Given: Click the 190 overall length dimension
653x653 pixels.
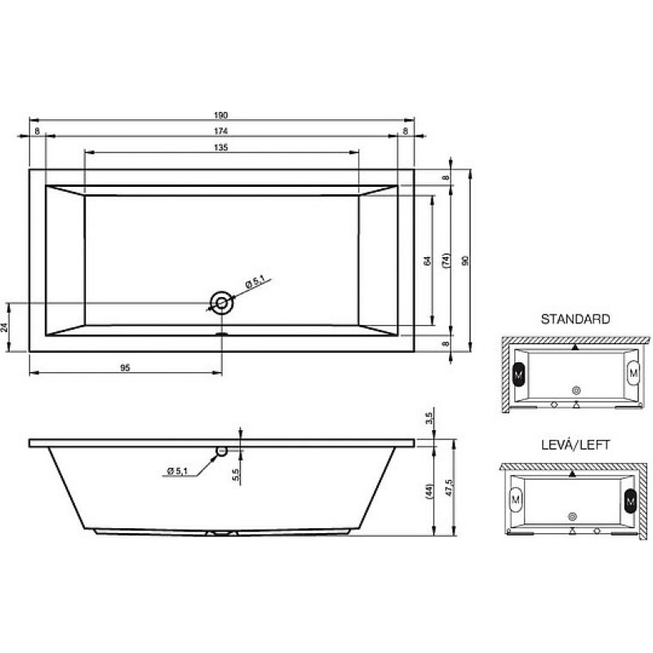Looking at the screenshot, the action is (220, 115).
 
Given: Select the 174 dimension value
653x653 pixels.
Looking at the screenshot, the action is (220, 131).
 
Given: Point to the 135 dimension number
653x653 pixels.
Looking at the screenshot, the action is (220, 148).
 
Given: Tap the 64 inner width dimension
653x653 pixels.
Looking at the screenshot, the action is (427, 261).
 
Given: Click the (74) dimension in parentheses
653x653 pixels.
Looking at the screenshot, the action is (446, 260).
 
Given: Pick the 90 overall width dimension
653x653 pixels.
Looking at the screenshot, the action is (465, 260).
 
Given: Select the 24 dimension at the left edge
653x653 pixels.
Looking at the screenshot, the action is (5, 327).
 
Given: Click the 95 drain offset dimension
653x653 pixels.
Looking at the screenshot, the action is (125, 368).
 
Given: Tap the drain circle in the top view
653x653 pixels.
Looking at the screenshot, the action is (221, 303).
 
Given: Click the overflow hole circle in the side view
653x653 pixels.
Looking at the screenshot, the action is (221, 451).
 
